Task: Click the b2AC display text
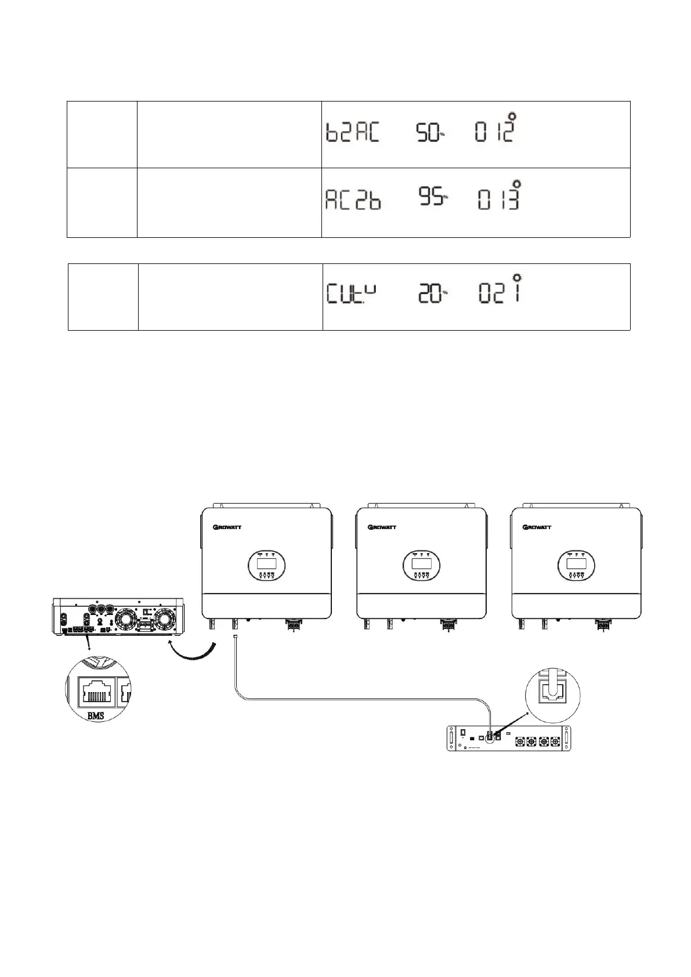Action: click(352, 133)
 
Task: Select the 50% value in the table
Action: click(429, 133)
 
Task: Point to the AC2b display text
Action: click(352, 200)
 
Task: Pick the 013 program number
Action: click(497, 199)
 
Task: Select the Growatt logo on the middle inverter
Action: click(384, 527)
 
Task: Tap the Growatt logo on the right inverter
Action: click(537, 527)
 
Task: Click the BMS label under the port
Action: click(95, 716)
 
